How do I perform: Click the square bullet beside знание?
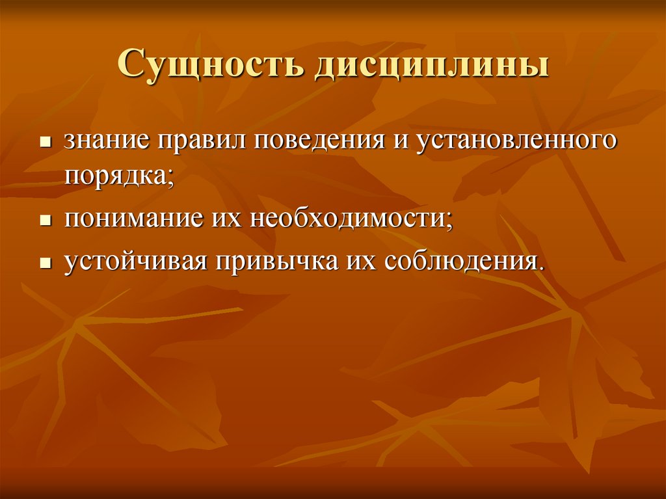[46, 142]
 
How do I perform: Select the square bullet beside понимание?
[46, 220]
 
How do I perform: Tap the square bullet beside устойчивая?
[46, 263]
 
